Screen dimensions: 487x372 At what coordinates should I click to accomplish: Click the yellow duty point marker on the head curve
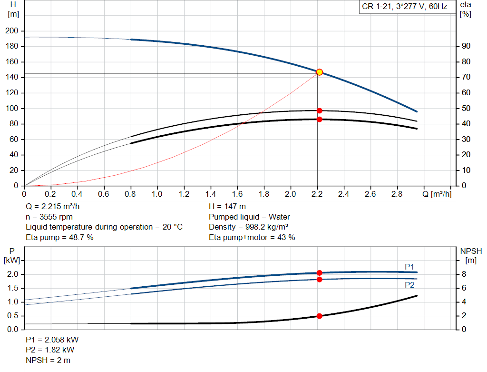319,72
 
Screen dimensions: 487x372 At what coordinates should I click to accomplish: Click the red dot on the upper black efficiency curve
319,111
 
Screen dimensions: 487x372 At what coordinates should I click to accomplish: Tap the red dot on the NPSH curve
319,316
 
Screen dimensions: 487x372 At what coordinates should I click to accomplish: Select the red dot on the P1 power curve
319,273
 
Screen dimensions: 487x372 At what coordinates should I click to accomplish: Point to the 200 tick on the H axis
12,31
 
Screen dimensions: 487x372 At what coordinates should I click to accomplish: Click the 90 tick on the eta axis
466,46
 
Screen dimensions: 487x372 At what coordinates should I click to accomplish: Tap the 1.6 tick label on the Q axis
237,194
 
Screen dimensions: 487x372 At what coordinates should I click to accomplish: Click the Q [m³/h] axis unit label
437,194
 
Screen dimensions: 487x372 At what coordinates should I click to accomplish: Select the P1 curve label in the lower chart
409,267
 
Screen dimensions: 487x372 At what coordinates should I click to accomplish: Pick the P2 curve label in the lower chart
409,285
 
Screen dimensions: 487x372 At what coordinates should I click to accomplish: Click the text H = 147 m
227,207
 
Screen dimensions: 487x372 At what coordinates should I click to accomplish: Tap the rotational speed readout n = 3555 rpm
49,217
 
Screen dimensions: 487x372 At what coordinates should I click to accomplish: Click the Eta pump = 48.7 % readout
59,237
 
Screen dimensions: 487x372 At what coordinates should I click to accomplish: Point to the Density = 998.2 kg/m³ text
248,227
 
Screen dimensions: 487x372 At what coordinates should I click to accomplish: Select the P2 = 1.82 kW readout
50,350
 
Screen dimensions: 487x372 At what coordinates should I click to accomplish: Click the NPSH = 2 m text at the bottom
48,360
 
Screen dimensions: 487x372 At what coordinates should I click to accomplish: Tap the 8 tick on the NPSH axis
464,274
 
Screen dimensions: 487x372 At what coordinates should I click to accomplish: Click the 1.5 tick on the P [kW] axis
13,288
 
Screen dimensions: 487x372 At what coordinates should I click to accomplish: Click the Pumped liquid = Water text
249,217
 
